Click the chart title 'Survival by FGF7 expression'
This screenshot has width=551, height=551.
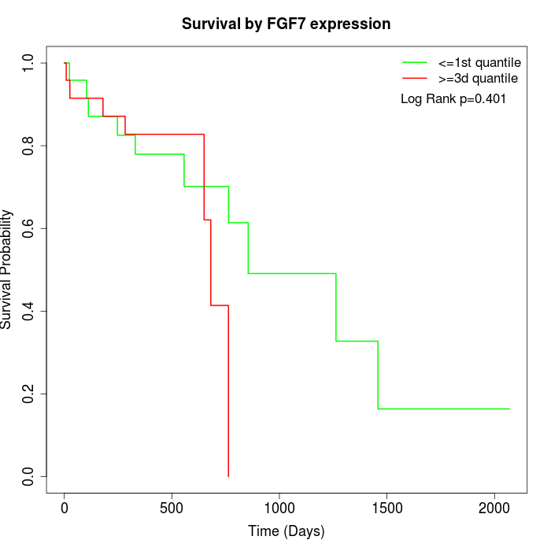tap(286, 24)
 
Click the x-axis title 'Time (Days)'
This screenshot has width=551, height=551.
tap(286, 531)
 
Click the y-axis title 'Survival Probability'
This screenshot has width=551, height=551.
tap(7, 269)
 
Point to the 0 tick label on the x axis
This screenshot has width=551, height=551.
tap(65, 508)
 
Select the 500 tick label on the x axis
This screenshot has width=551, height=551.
tap(172, 508)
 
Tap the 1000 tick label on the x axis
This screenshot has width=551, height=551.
tap(279, 508)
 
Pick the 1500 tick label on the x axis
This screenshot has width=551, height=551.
tap(386, 508)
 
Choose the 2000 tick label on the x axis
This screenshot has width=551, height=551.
tap(494, 508)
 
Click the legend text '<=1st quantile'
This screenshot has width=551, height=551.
tap(479, 62)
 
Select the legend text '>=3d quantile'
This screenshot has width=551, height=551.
tap(478, 78)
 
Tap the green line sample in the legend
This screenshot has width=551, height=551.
tap(415, 62)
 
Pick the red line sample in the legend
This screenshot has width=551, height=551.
tap(415, 78)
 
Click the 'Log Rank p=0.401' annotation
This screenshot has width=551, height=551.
tap(453, 99)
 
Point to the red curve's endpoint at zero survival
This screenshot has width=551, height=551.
tap(228, 475)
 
